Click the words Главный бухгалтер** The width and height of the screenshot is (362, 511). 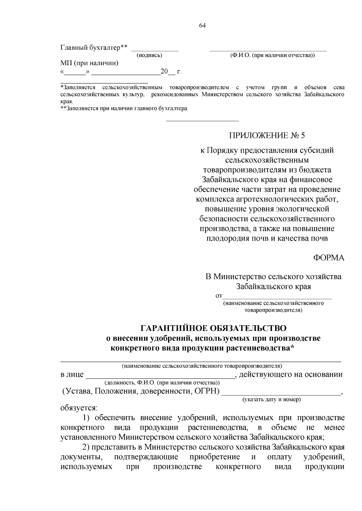[94, 48]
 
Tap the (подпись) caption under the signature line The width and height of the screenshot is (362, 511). [149, 55]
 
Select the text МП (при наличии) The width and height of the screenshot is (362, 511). [89, 63]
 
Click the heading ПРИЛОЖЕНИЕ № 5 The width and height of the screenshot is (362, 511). [267, 136]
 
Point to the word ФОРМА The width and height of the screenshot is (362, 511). [329, 258]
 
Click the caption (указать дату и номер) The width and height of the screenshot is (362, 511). [271, 400]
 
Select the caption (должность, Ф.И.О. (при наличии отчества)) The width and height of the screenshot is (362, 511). [162, 383]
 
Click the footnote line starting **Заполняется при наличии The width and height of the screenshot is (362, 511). [124, 108]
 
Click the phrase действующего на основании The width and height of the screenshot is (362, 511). [291, 375]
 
